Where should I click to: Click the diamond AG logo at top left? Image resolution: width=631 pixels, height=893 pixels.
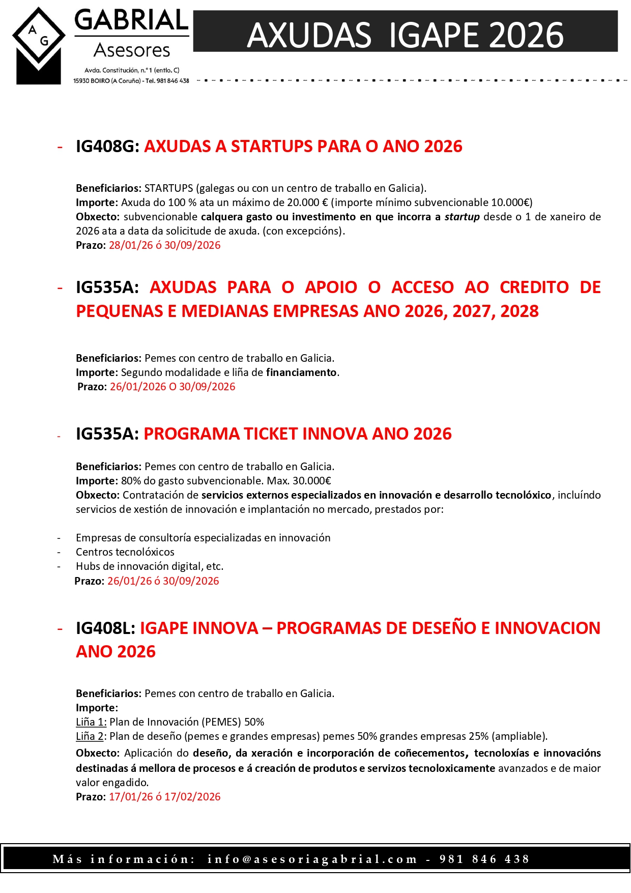(x=39, y=45)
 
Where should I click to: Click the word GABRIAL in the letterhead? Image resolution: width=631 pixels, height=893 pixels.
(x=131, y=20)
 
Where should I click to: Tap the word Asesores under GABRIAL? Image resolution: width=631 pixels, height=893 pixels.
(x=132, y=50)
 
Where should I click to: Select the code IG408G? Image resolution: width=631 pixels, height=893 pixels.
(x=107, y=147)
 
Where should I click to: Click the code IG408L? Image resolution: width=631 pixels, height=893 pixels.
(x=105, y=628)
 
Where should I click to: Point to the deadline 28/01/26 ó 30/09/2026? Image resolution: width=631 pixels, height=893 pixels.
(x=164, y=245)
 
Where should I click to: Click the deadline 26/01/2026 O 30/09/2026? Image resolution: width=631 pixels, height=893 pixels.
(x=173, y=387)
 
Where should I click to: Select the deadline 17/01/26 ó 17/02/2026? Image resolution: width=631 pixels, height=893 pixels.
(x=164, y=797)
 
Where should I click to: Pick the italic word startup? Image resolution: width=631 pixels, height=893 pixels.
(x=462, y=217)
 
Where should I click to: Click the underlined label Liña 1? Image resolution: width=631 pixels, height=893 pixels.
(x=91, y=722)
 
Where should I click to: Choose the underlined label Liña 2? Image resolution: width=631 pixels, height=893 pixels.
(x=90, y=736)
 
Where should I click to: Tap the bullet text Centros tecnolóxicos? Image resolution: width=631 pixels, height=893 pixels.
(x=125, y=552)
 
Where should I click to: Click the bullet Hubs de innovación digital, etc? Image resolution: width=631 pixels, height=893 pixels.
(x=150, y=566)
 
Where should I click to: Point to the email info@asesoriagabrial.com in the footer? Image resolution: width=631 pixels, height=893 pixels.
(x=312, y=859)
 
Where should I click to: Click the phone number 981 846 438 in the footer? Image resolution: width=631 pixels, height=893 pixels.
(x=484, y=859)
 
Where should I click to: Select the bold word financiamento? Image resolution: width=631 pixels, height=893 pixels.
(x=301, y=372)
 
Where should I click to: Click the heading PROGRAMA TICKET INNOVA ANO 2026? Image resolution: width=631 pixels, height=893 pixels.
(x=298, y=434)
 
